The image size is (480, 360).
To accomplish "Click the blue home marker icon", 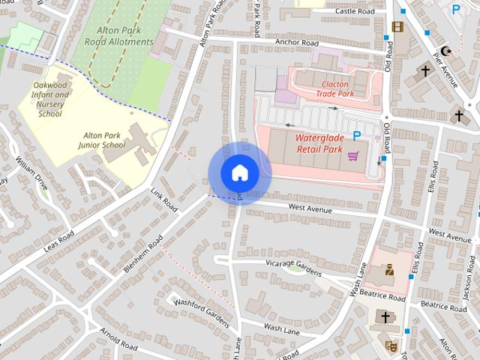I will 239,172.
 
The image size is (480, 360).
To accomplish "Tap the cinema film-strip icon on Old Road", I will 397,27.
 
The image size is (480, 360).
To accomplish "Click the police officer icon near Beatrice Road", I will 389,271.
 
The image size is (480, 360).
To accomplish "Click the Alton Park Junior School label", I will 104,139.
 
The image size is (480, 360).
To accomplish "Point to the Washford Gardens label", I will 200,311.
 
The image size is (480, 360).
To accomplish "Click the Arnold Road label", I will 118,340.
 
